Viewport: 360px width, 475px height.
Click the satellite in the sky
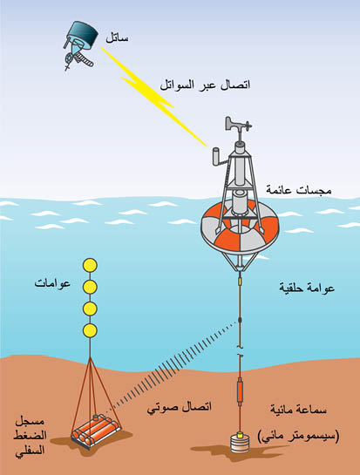[x=81, y=43]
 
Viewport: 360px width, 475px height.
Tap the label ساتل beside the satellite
[x=117, y=38]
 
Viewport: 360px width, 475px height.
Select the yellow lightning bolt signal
[x=154, y=97]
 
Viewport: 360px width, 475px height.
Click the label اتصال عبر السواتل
[x=205, y=85]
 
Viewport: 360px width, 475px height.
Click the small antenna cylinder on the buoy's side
[x=217, y=156]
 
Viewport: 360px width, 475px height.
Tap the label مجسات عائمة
[x=298, y=190]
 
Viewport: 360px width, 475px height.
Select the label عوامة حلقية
[x=307, y=288]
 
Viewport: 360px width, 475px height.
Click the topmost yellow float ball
[x=90, y=265]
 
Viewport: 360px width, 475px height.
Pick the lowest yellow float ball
[x=90, y=330]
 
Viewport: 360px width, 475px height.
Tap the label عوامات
[x=52, y=283]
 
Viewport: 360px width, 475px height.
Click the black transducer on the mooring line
[x=240, y=319]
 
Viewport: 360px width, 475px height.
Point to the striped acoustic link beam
[x=170, y=368]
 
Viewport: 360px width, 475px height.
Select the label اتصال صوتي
[x=179, y=407]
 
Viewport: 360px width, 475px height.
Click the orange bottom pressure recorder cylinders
[x=97, y=431]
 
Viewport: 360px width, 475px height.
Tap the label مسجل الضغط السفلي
[x=30, y=436]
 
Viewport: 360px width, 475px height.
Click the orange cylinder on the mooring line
[x=240, y=390]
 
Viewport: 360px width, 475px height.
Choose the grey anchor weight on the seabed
[x=240, y=443]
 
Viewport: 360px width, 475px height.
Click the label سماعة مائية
[x=298, y=410]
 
